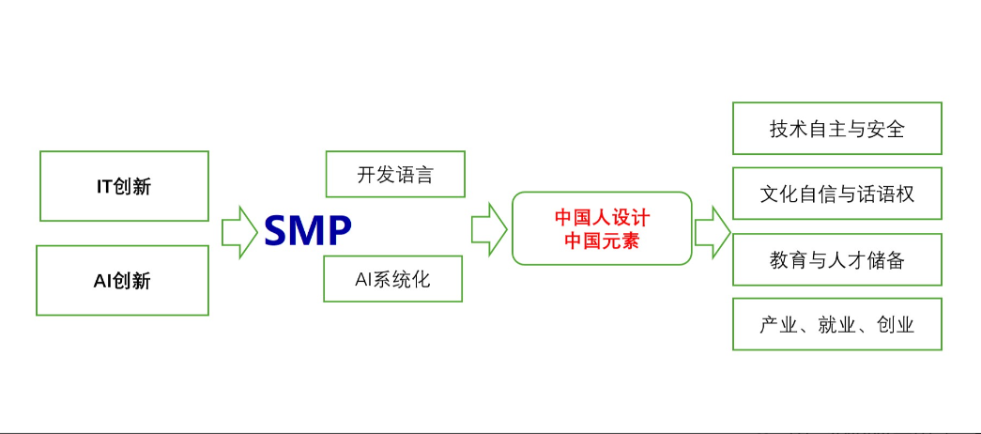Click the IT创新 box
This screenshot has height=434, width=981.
point(124,186)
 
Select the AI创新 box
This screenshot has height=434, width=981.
point(122,280)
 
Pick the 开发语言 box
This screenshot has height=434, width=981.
point(394,174)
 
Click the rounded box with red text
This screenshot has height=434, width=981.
point(602,228)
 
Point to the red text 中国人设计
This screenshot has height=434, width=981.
point(602,218)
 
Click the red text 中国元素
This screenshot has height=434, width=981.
point(602,240)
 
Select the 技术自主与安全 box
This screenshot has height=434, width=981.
point(836,128)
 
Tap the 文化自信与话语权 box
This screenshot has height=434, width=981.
point(836,194)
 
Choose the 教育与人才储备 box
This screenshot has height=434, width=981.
point(836,259)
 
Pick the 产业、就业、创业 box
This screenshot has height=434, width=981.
point(836,324)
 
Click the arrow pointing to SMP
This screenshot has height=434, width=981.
point(239,230)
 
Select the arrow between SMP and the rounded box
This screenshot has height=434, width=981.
point(488,228)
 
